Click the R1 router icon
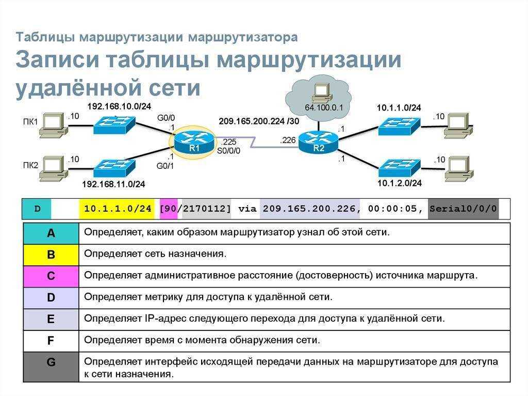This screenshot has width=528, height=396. (x=193, y=141)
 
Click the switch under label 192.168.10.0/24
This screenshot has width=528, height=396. (x=114, y=125)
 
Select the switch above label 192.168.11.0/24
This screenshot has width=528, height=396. (x=114, y=168)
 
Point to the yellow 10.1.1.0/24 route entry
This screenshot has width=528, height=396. (x=118, y=209)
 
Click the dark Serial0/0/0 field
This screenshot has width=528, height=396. (x=463, y=209)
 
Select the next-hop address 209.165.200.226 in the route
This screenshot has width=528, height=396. (x=309, y=209)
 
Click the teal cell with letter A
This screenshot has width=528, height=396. (x=51, y=233)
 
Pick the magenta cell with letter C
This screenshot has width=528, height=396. (x=51, y=276)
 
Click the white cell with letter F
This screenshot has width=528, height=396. (x=51, y=341)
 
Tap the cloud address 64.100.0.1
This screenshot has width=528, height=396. (x=324, y=108)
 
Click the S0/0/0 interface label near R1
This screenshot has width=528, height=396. (x=228, y=150)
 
